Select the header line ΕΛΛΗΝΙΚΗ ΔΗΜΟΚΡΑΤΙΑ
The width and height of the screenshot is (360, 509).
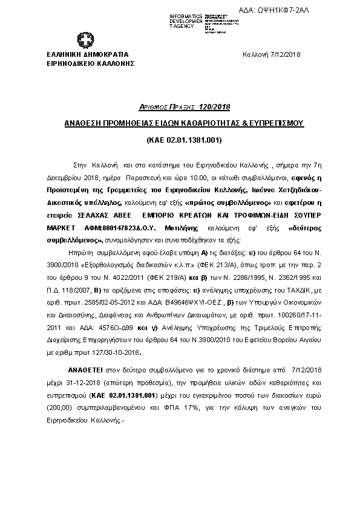pos(83,54)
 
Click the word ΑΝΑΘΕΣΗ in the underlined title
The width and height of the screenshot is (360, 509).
pos(85,123)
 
